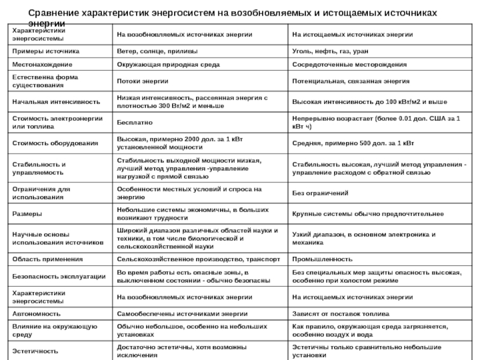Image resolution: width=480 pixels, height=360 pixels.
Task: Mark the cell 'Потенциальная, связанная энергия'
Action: click(x=342, y=80)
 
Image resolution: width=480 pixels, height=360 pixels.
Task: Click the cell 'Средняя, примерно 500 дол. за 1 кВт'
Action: click(x=352, y=143)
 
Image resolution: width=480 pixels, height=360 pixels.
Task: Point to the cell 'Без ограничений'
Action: click(x=320, y=193)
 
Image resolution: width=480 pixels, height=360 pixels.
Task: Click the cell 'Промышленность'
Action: click(x=322, y=259)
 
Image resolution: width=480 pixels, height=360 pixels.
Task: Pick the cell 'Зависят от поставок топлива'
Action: click(x=340, y=314)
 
